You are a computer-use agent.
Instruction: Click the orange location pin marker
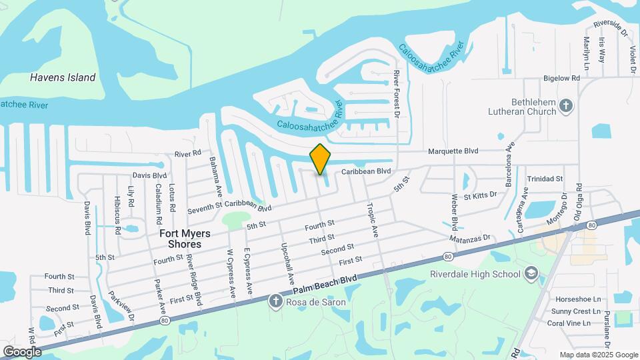tap(321, 159)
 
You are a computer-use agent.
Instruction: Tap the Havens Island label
tap(63, 77)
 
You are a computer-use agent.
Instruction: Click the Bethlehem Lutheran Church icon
tap(566, 105)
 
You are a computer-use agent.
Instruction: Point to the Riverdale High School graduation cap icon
tap(531, 273)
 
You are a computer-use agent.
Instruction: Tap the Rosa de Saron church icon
tap(275, 302)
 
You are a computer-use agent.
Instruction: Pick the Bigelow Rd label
tap(561, 78)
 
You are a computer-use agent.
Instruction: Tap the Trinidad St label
tap(545, 179)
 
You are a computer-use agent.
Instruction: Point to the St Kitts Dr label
tap(481, 195)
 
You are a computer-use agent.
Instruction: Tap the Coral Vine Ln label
tap(567, 323)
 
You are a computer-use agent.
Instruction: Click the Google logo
tap(22, 351)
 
